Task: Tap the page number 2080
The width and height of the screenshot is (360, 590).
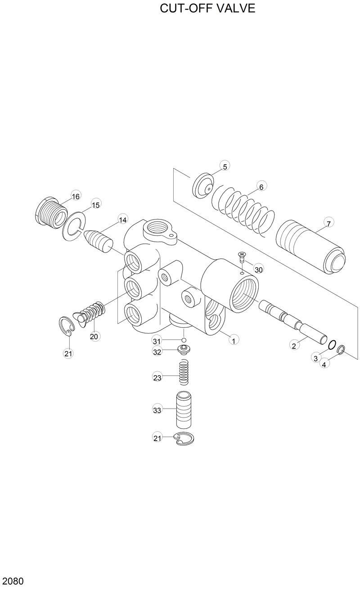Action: point(13,581)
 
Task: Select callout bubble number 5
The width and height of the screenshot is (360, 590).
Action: point(225,166)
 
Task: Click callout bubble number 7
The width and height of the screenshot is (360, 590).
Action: point(328,223)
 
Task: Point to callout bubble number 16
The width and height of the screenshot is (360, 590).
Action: point(75,196)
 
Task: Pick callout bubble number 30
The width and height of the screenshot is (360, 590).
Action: point(258,270)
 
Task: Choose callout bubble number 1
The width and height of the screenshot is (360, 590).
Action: point(233,340)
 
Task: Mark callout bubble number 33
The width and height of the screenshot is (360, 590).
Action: point(157,410)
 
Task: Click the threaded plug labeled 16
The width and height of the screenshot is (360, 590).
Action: point(50,213)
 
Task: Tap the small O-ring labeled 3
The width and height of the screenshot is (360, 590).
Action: point(332,345)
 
